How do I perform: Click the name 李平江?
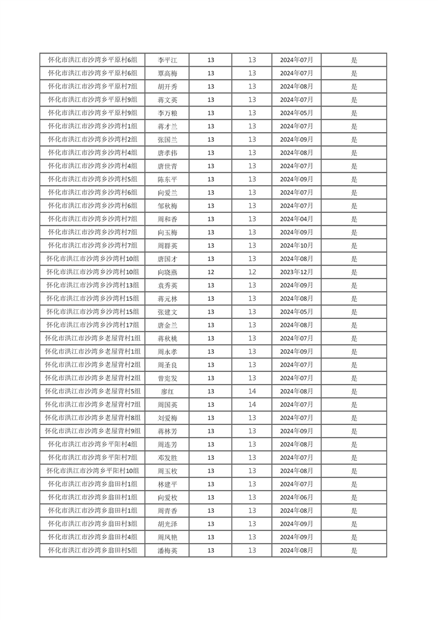coord(167,60)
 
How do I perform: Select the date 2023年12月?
coord(296,272)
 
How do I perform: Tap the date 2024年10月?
coord(296,245)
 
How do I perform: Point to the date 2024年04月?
coord(296,219)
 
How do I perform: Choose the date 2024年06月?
coord(296,497)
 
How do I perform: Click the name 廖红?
coord(167,391)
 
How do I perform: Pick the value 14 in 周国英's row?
coord(252,404)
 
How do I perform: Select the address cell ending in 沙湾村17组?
coord(92,325)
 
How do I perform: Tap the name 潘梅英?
coord(167,550)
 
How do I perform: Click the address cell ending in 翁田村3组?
coord(92,524)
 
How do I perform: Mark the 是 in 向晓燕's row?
coord(354,272)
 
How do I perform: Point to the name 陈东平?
coord(167,180)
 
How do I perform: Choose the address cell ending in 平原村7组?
coord(92,87)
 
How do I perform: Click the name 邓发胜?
coord(167,458)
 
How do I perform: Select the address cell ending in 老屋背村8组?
coord(92,418)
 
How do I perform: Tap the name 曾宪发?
coord(167,378)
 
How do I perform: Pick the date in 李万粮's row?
coord(296,113)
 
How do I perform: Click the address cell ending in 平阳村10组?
coord(92,471)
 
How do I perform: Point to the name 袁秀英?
coord(167,285)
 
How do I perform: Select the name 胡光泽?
coord(167,524)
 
